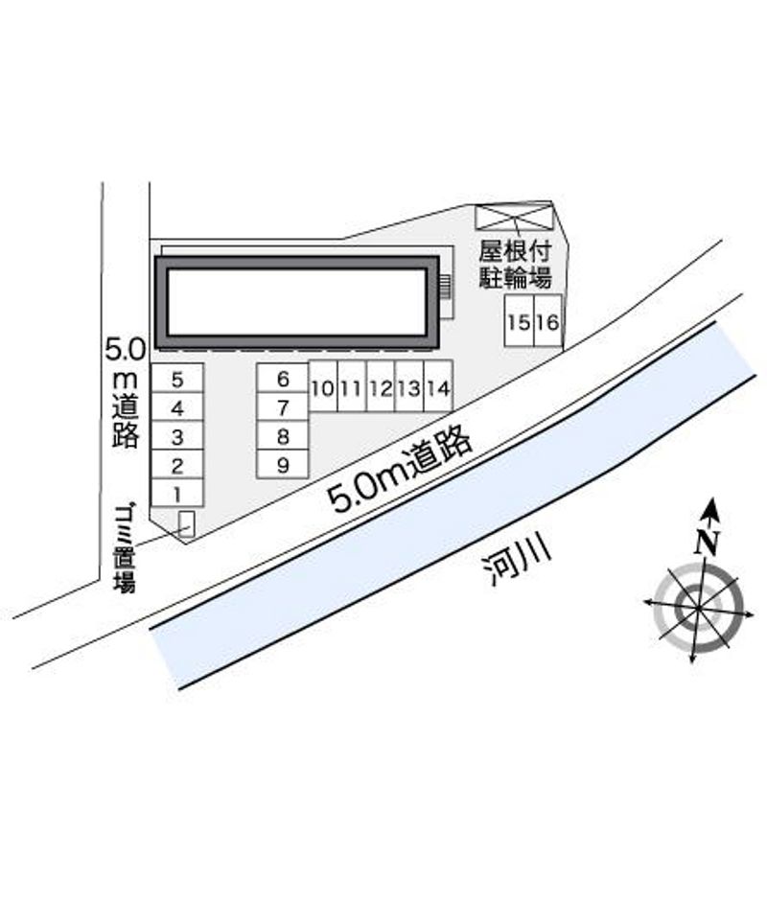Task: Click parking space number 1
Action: pos(177,493)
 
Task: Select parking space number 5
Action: pos(177,379)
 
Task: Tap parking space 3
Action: pos(177,435)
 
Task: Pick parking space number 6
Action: pos(282,379)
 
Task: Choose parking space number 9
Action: pos(282,464)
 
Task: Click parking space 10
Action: pos(323,386)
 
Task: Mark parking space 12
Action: pos(381,386)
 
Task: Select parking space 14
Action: pos(438,386)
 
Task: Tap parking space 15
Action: pos(519,321)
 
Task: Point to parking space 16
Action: pos(547,321)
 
